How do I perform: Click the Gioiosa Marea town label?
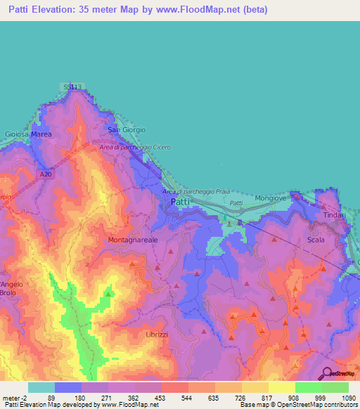tap(29, 133)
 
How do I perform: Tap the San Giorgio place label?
tap(127, 130)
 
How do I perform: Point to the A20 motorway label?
tap(46, 174)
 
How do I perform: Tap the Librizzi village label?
tap(157, 335)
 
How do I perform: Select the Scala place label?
tap(316, 240)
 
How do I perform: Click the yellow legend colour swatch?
tap(281, 387)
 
